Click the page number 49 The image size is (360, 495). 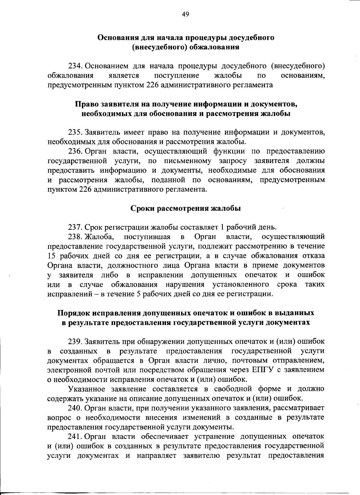[x=185, y=14]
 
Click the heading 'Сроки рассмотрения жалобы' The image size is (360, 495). [x=186, y=208]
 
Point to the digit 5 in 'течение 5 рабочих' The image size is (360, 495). [x=139, y=294]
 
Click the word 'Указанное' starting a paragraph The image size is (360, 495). [x=87, y=389]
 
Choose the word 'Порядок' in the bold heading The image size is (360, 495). [x=73, y=313]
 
